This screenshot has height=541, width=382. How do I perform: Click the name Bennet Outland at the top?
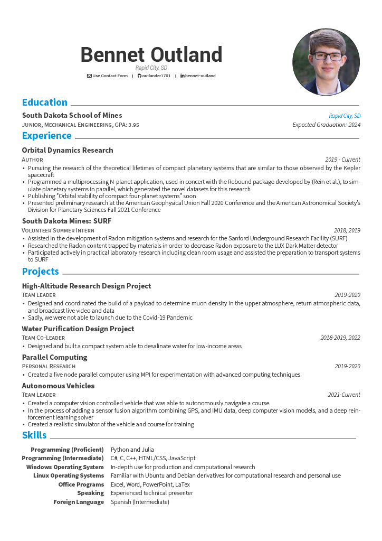coord(151,55)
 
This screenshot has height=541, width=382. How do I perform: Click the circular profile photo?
coord(326,62)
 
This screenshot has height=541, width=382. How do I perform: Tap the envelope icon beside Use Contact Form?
coord(89,76)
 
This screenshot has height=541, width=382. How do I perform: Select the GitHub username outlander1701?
coord(157,76)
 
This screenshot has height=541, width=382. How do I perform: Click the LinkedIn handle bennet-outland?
coord(200,76)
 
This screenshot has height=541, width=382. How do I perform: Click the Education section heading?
coord(45,102)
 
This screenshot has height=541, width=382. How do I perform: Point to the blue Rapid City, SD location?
coord(345,116)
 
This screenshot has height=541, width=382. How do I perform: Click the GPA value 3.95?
coord(133,125)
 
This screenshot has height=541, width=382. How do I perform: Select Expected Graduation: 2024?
coord(327,125)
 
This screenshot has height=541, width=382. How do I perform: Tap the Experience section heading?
coord(47,136)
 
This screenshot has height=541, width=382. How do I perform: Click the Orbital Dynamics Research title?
coord(68,150)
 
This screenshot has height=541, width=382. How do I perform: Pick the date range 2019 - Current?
coord(342,160)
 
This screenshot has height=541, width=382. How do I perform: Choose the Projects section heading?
coord(41,272)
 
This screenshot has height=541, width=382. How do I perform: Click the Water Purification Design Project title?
coord(78,329)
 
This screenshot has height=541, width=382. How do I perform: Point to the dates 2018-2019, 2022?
coord(340,338)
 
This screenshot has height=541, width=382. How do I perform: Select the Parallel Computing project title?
coord(55,357)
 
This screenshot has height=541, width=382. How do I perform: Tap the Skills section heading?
coord(34,435)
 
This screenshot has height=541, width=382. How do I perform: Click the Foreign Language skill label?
coord(79,502)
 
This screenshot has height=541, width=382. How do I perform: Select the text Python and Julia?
coord(132,450)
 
